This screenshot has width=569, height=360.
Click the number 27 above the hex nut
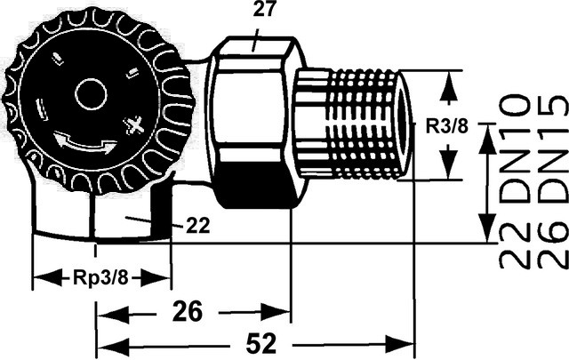click(x=265, y=10)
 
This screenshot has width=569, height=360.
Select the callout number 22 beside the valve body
click(x=198, y=226)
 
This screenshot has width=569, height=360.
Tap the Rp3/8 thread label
click(x=100, y=278)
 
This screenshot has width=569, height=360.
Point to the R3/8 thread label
click(x=447, y=126)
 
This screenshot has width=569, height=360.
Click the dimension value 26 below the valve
click(x=188, y=312)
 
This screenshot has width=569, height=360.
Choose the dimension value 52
click(x=261, y=343)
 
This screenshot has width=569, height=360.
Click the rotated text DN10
click(x=515, y=148)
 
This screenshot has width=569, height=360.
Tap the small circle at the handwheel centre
click(x=91, y=94)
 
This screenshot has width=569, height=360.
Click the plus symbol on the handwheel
click(x=134, y=125)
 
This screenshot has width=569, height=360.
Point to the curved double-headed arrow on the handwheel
click(x=85, y=144)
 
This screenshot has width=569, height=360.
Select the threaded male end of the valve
click(x=354, y=124)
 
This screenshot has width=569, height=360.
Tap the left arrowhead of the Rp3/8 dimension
click(x=48, y=279)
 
